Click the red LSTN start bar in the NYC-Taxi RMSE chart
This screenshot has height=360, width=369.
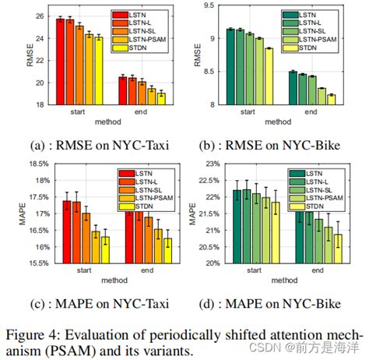coord(60,62)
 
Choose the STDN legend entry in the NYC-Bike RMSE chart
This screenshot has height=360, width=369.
coord(322,48)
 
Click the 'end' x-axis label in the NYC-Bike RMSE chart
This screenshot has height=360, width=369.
coord(311,111)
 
